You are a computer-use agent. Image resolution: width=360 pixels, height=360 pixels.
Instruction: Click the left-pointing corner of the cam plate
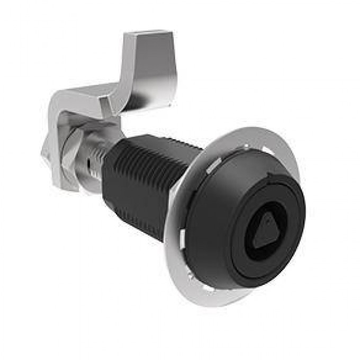43,154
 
